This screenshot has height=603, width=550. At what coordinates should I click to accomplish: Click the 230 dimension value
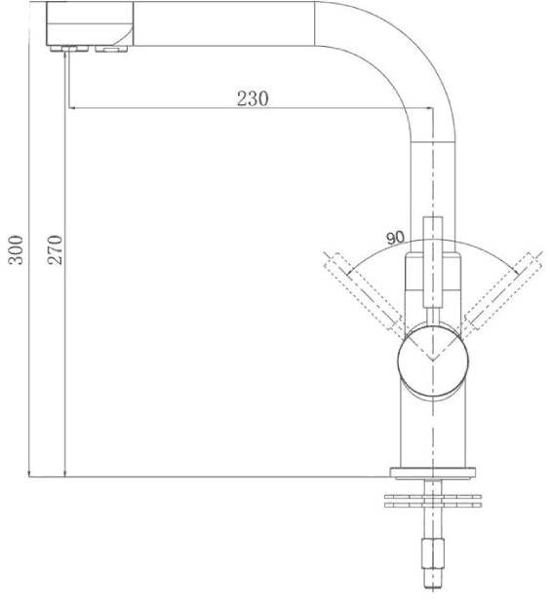(x=253, y=97)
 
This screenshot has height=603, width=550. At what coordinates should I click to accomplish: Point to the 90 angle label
(x=395, y=238)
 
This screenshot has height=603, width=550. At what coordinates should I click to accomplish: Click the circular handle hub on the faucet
(x=430, y=358)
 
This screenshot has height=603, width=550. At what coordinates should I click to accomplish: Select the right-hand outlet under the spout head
(x=111, y=47)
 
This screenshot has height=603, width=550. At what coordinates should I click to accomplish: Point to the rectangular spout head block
(x=89, y=21)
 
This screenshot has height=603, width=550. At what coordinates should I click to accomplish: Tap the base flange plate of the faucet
(x=431, y=473)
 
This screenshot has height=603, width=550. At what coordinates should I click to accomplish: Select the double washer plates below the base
(x=431, y=501)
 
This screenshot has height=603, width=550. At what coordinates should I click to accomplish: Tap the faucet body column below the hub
(x=431, y=429)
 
